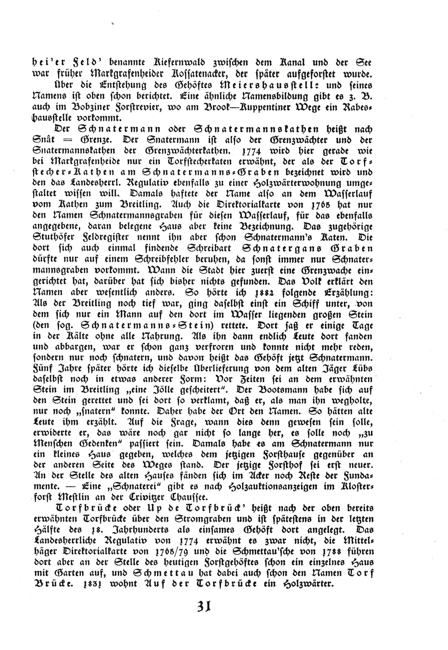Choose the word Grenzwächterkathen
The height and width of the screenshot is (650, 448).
click(188, 151)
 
